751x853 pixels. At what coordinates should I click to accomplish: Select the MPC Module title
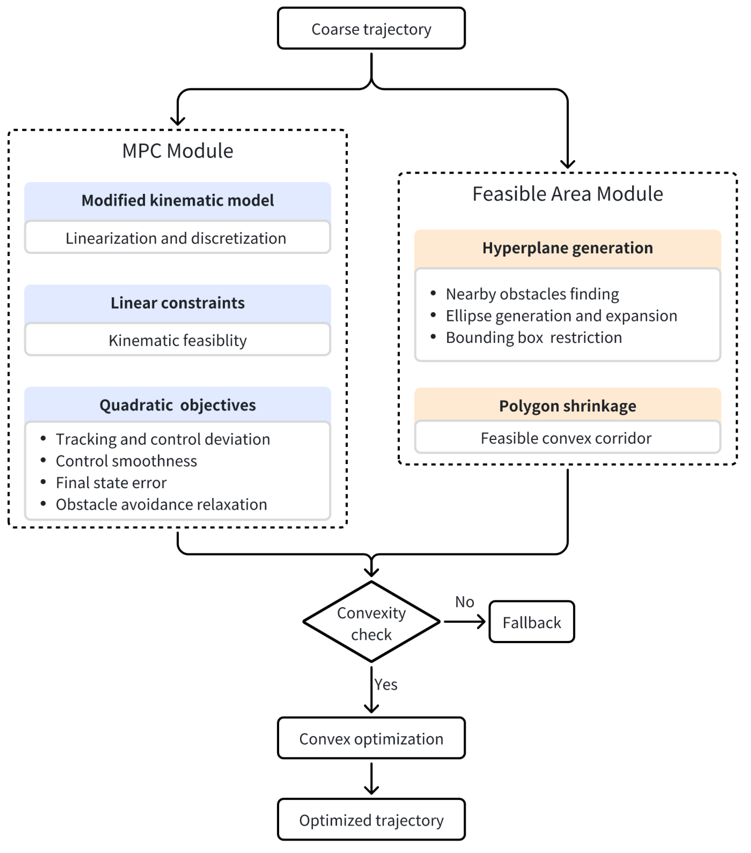coord(178,151)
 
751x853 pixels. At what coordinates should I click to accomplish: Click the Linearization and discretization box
coord(178,238)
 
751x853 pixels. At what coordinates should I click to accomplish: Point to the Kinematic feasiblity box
coord(178,340)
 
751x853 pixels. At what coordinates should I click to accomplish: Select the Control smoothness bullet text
coord(126,461)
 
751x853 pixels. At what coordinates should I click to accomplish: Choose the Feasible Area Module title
coord(567,194)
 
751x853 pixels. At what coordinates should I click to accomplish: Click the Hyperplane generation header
coord(567,248)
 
